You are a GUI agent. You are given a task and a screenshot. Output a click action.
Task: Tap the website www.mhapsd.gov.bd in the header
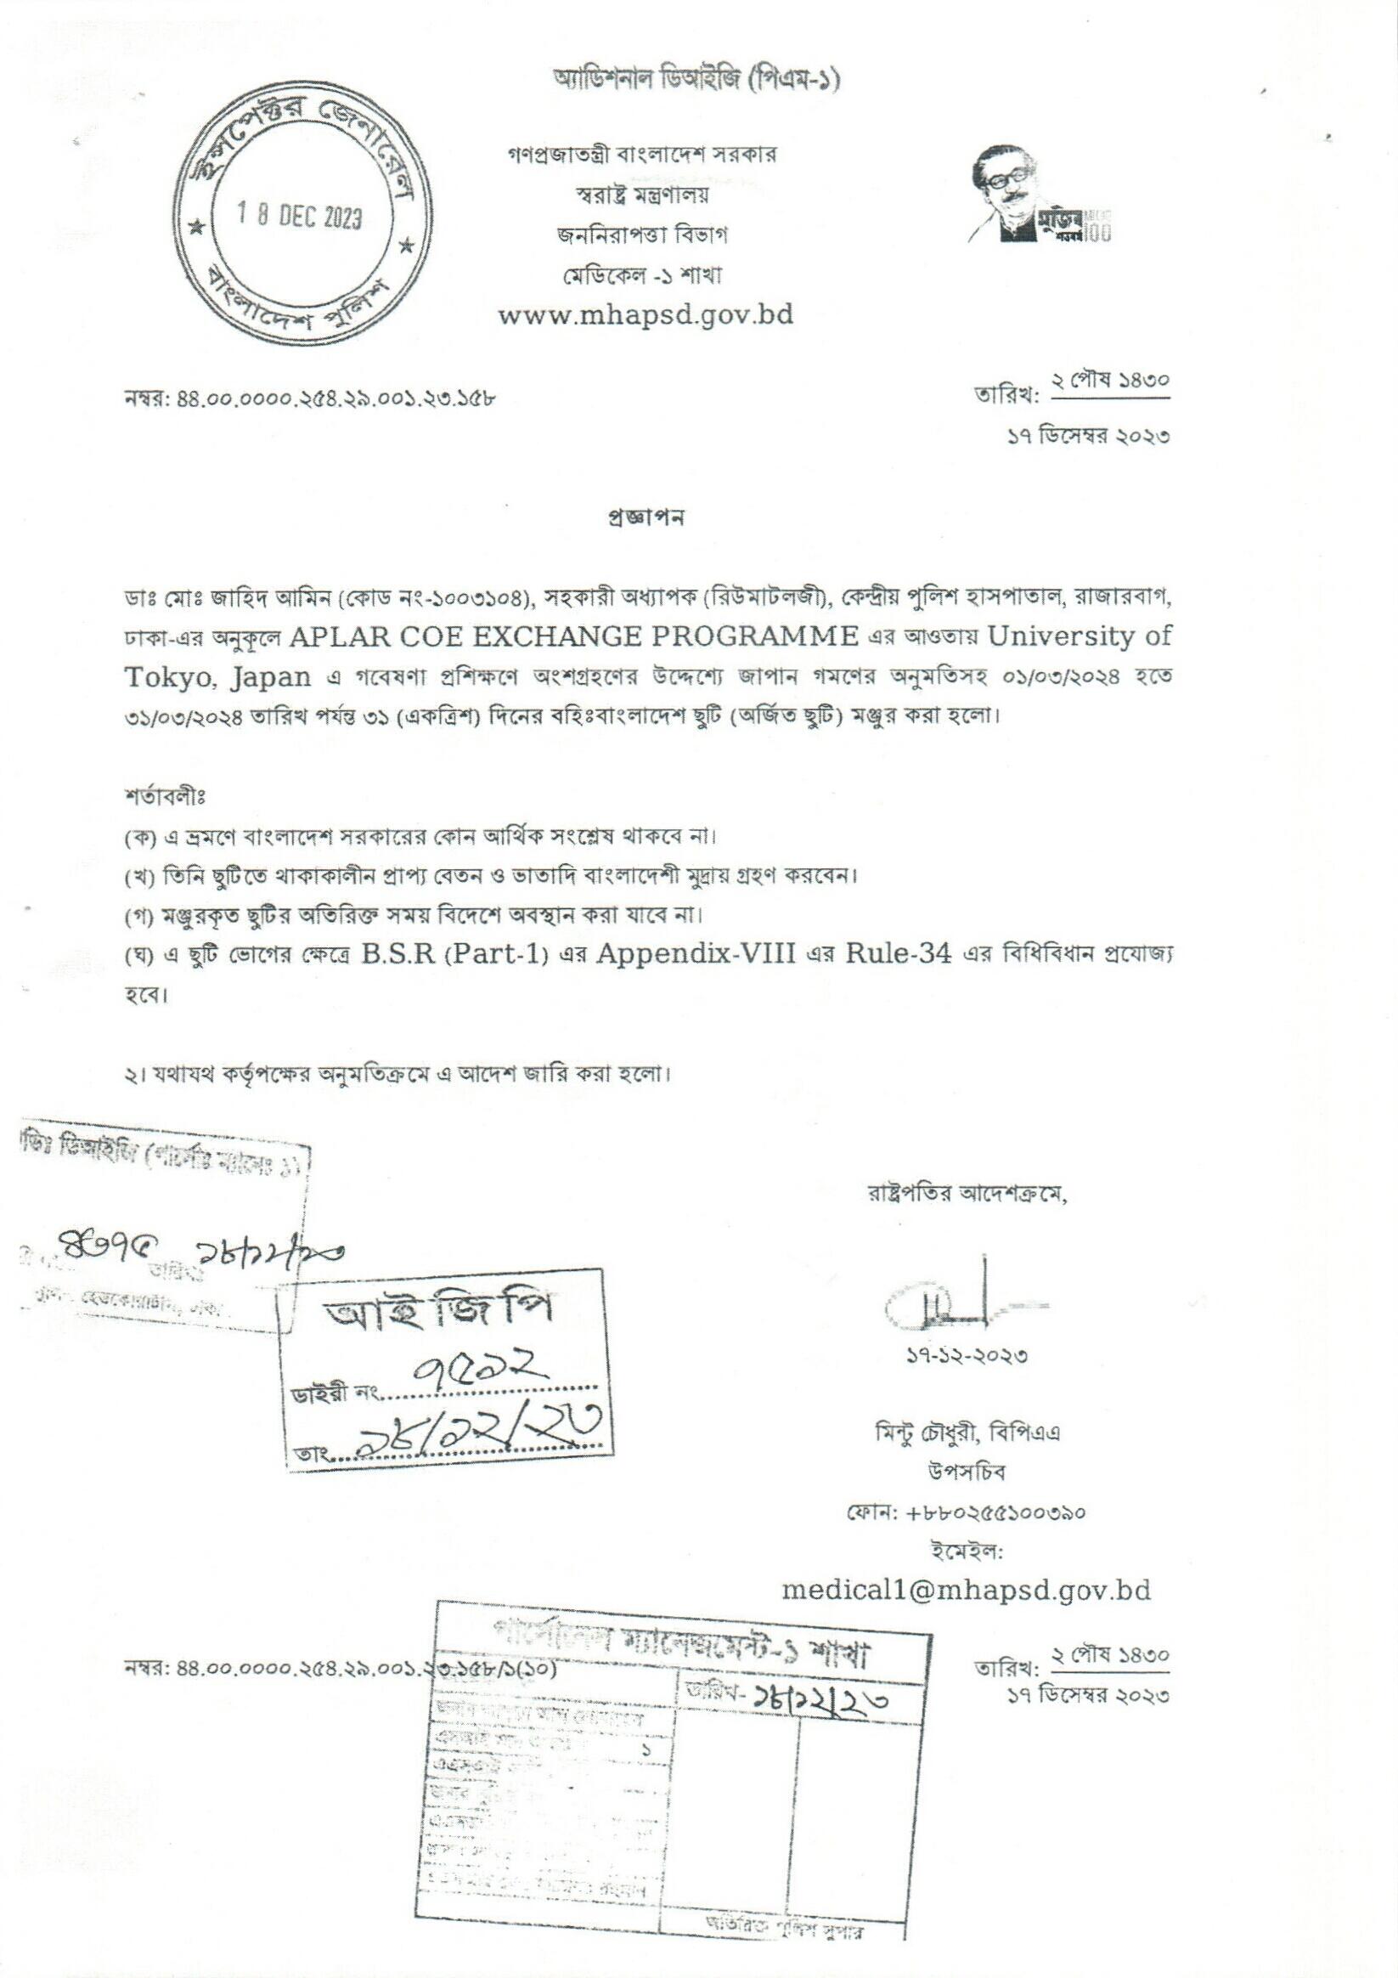click(x=645, y=315)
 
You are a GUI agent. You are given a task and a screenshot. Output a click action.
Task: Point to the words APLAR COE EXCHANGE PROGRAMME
click(x=574, y=636)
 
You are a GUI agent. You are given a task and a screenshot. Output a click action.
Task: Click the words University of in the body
click(x=1080, y=636)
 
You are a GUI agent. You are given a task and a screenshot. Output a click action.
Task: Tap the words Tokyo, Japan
click(x=217, y=676)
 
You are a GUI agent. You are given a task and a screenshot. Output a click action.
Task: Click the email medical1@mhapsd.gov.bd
click(x=966, y=1590)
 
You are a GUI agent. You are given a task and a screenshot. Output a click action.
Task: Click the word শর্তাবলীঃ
click(x=165, y=795)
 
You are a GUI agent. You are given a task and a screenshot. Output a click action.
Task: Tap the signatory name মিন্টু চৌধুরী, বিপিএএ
click(x=967, y=1433)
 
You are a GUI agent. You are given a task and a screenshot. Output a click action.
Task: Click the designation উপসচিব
click(x=967, y=1472)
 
